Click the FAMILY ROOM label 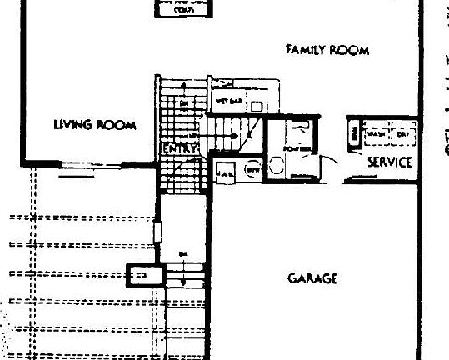coord(320,50)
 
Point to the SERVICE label coord(389,162)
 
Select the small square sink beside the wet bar coord(257,106)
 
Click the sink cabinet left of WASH coord(355,133)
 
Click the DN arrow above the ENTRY coord(184,102)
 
